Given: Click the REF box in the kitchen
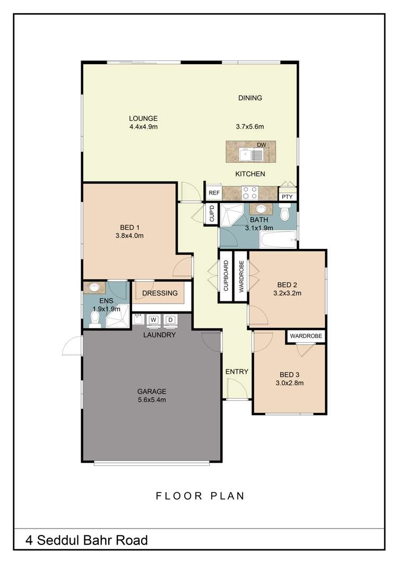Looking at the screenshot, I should click(x=214, y=193).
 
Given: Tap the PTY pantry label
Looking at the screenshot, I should click(x=287, y=196).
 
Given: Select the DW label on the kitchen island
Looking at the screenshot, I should click(x=261, y=145).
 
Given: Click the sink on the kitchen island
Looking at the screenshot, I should click(x=246, y=154).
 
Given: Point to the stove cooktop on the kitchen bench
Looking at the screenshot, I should click(x=250, y=192).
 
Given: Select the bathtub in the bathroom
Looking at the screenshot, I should click(x=278, y=242).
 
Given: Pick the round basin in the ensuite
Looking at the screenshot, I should click(x=94, y=288).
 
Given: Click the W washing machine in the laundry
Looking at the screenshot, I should click(x=154, y=319).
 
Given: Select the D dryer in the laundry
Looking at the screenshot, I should click(x=170, y=319).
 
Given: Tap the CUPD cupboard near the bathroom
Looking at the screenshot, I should click(x=212, y=214).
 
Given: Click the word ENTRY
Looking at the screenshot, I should click(x=237, y=371).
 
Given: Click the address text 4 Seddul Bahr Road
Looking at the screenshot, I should click(x=86, y=541).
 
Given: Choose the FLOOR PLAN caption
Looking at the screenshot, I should click(x=200, y=496).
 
